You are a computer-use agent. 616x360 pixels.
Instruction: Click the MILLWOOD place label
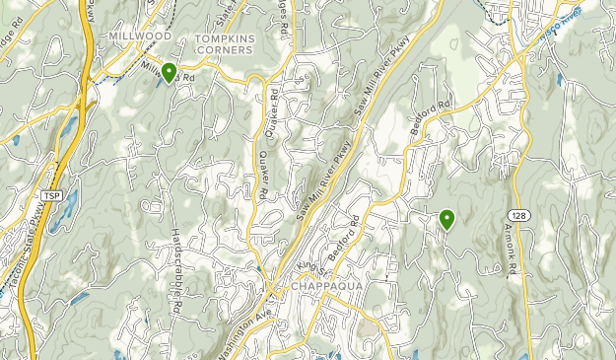[140, 36]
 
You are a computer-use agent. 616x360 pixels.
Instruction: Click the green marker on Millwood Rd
[169, 72]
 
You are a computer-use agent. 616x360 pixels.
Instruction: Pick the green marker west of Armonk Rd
[447, 219]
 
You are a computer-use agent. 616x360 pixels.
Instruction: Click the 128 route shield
[517, 214]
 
